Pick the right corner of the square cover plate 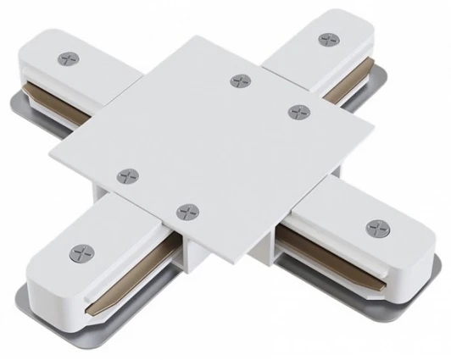[372, 125]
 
